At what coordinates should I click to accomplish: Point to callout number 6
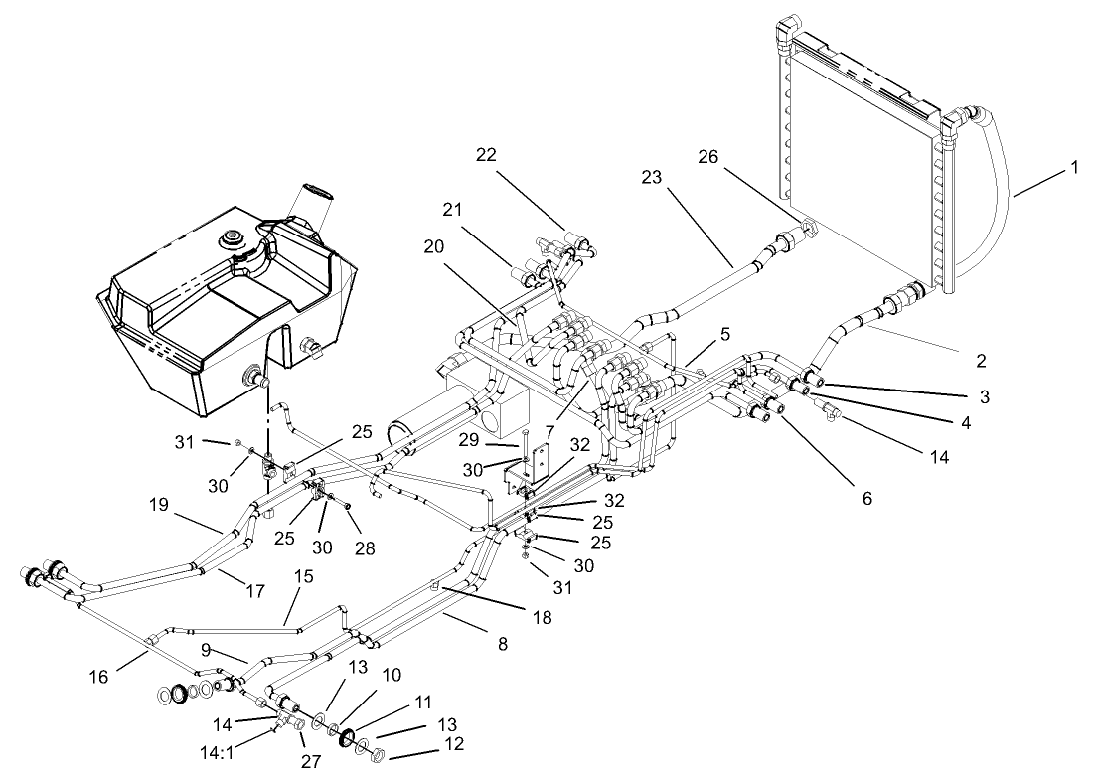tap(865, 499)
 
